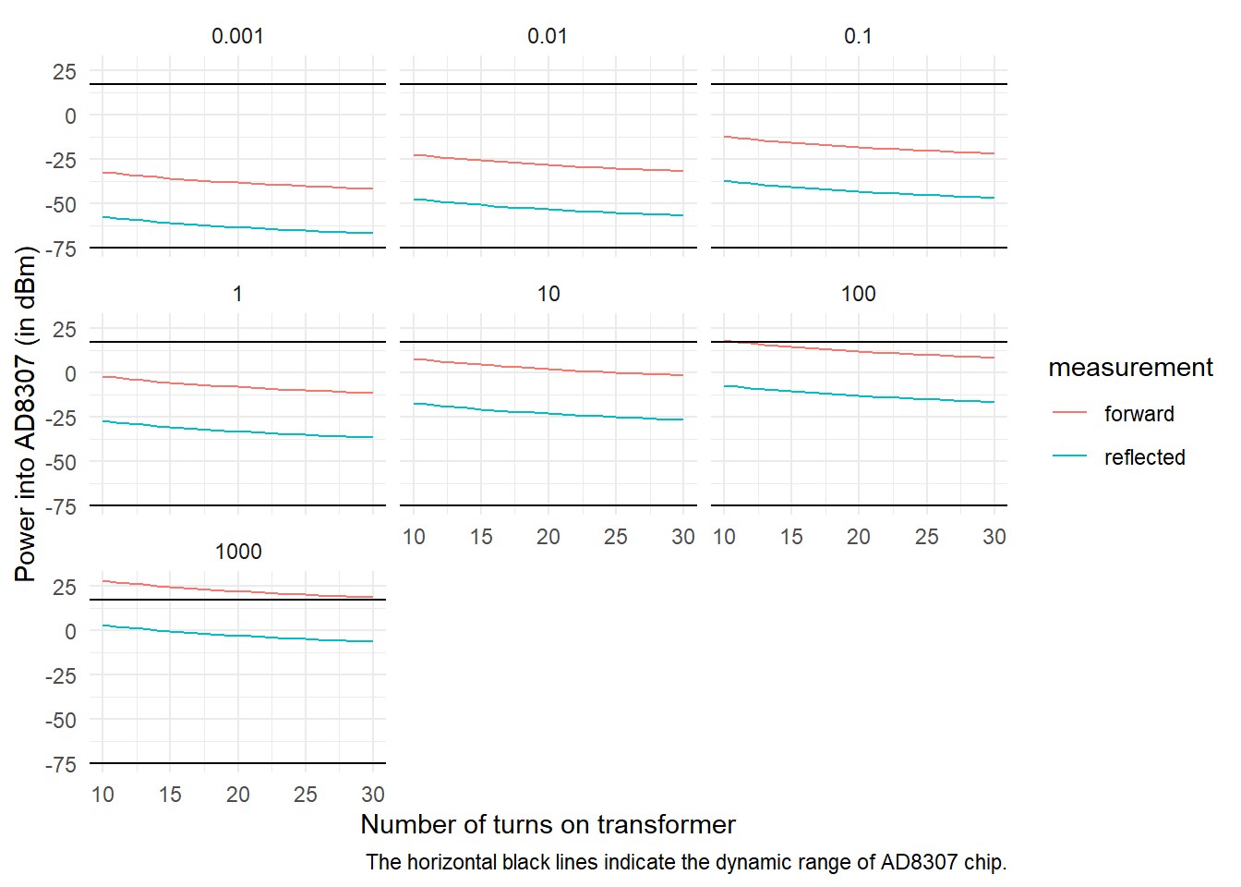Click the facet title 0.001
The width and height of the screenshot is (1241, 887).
click(237, 36)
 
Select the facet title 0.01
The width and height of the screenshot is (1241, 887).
click(548, 36)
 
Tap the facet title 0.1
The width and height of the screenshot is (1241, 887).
click(858, 36)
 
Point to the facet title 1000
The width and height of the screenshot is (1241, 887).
click(238, 552)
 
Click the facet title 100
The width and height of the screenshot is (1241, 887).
click(858, 294)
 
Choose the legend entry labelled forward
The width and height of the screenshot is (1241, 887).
click(1139, 414)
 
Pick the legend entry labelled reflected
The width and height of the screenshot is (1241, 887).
click(1144, 457)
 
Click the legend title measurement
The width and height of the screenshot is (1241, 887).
click(1130, 368)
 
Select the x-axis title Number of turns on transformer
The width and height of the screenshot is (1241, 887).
click(548, 824)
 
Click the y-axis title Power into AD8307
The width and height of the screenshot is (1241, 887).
click(26, 414)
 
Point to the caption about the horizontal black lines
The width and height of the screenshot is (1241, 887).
click(685, 862)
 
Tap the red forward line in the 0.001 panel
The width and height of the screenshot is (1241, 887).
click(237, 182)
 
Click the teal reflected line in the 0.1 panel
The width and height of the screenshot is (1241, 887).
click(858, 191)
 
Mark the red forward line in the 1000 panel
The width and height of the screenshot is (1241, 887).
click(237, 590)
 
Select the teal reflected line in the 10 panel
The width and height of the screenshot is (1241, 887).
click(548, 413)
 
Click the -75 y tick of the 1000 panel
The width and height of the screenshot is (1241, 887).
click(61, 764)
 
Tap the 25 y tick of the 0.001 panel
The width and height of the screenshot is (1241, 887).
click(65, 72)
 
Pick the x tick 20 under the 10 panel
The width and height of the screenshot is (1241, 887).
click(548, 537)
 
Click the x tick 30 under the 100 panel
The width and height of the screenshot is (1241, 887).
click(994, 537)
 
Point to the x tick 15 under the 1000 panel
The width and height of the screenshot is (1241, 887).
click(170, 795)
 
